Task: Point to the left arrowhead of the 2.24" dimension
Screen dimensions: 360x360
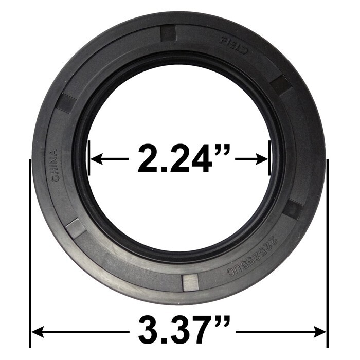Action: tap(95, 159)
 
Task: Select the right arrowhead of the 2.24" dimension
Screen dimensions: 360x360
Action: tap(263, 159)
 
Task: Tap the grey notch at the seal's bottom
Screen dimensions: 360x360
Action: tap(190, 282)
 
